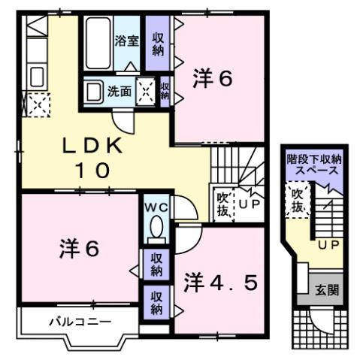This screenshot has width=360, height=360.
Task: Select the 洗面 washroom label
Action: pyautogui.click(x=119, y=92)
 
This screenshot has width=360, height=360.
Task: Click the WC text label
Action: pyautogui.click(x=156, y=205)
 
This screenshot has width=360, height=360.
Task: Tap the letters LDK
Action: pyautogui.click(x=93, y=146)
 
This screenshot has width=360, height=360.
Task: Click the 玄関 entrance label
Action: pyautogui.click(x=325, y=290)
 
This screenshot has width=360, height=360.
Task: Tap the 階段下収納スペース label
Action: pyautogui.click(x=314, y=165)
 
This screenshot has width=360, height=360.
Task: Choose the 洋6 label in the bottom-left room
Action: pyautogui.click(x=78, y=248)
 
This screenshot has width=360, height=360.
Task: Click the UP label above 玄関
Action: pyautogui.click(x=327, y=245)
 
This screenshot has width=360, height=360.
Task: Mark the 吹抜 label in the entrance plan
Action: pyautogui.click(x=298, y=201)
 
